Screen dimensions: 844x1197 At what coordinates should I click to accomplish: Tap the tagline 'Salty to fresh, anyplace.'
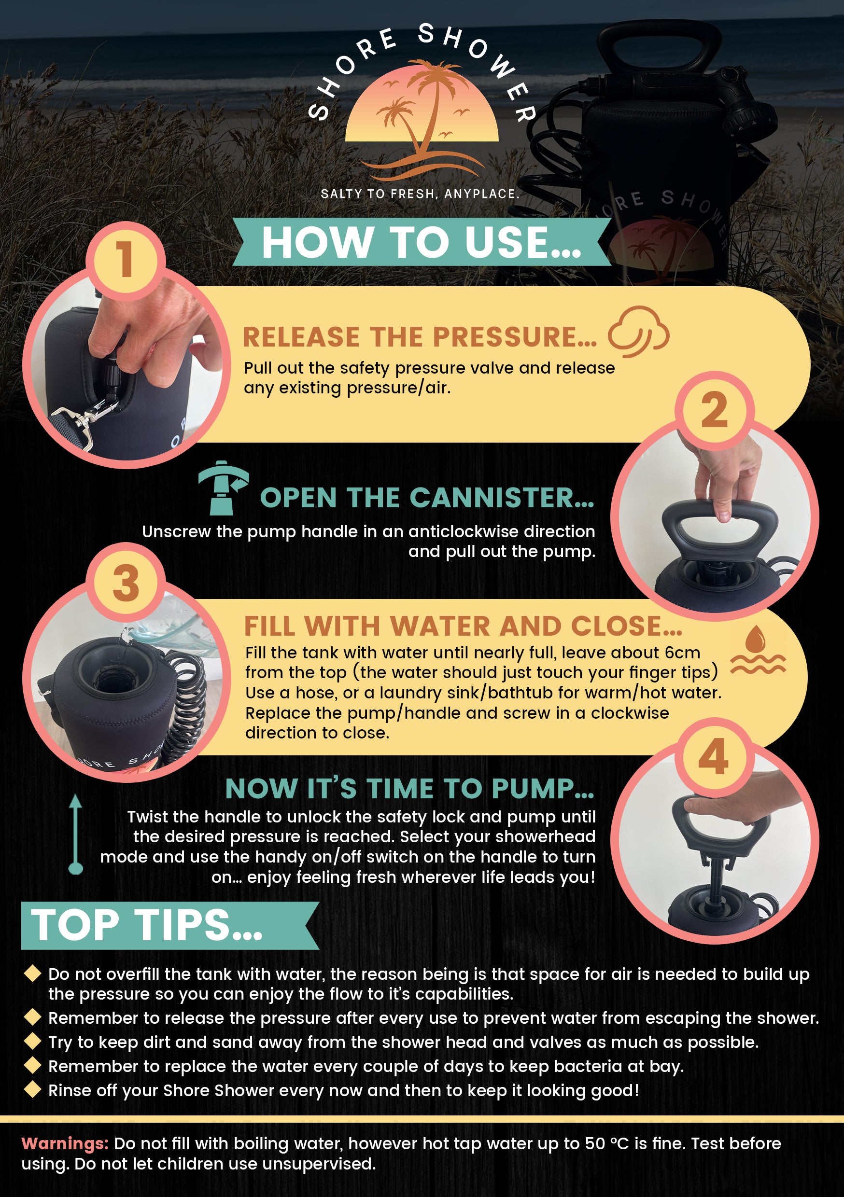click(420, 194)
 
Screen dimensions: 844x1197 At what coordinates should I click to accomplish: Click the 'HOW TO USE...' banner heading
click(422, 242)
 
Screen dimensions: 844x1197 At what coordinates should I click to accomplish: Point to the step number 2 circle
click(715, 410)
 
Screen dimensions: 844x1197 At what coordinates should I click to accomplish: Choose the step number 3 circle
click(126, 582)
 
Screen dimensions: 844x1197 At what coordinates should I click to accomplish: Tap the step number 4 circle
click(714, 757)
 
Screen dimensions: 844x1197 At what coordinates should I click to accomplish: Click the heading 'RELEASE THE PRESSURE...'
click(420, 337)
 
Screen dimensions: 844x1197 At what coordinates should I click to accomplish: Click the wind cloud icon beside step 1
click(638, 332)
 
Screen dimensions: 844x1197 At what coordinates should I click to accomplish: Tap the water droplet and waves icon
click(758, 650)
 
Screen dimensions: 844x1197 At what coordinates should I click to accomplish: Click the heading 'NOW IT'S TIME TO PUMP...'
click(410, 788)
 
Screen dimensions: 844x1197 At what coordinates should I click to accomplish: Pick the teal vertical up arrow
click(76, 834)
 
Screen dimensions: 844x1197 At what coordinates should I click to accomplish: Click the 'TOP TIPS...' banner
click(170, 925)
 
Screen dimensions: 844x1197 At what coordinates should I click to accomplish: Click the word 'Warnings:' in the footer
click(65, 1144)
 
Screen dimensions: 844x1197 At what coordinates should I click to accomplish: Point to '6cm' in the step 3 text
click(682, 653)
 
